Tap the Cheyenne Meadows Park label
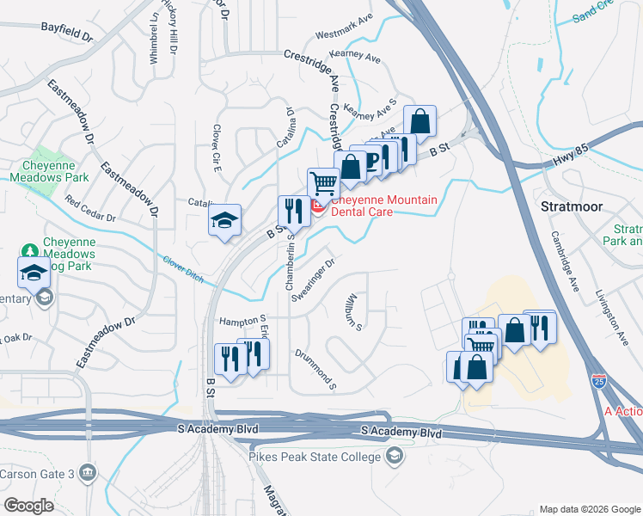pos(49,171)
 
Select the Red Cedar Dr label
pos(89,212)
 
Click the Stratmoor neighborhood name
pos(573,206)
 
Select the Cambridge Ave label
pos(567,258)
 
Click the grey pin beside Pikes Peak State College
pos(395,455)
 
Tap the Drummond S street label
pos(315,369)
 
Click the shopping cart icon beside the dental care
pos(323,183)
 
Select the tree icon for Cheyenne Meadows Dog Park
pos(30,250)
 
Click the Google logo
pos(29,505)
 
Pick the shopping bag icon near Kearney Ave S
pos(420,120)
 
